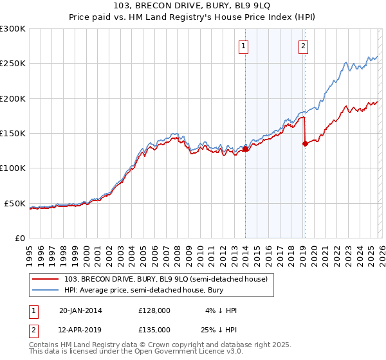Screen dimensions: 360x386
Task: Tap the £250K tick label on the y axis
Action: (x=13, y=64)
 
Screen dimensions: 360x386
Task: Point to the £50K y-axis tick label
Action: (x=15, y=203)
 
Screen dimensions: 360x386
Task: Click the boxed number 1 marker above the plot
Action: (x=244, y=46)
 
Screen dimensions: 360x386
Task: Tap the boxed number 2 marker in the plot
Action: (x=303, y=46)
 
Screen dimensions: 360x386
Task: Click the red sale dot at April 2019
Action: (x=305, y=144)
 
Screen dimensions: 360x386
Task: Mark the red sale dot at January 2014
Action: (x=245, y=149)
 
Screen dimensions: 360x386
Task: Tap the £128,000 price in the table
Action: (x=154, y=310)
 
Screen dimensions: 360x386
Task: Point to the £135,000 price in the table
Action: (x=154, y=329)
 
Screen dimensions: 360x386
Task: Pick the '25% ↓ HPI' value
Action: (x=221, y=329)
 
